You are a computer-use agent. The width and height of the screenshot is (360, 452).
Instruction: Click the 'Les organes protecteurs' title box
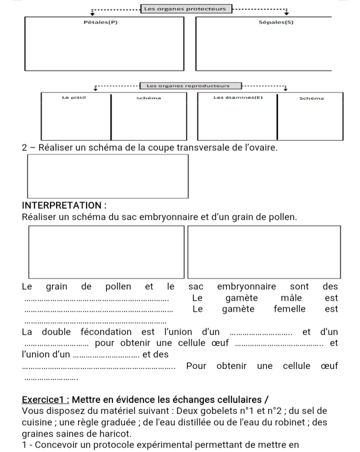[184, 8]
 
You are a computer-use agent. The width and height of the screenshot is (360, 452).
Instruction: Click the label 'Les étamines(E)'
[237, 98]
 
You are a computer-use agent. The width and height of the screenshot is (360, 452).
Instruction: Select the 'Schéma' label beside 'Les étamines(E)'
[311, 98]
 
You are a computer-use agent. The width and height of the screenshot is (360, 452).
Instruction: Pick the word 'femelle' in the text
[289, 309]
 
